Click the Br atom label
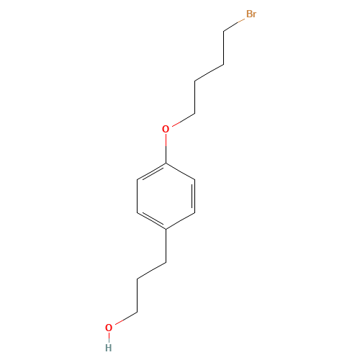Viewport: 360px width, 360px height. (x=251, y=14)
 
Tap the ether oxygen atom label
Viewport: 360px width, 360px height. (x=166, y=129)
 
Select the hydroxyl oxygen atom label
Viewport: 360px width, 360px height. (x=109, y=328)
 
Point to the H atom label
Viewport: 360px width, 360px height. (x=109, y=348)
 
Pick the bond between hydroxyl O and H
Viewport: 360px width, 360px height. (x=109, y=338)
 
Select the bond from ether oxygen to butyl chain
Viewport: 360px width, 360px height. (x=184, y=120)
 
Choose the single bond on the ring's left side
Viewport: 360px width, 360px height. (x=138, y=196)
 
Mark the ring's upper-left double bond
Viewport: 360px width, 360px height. (x=152, y=172)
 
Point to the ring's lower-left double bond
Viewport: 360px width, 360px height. (x=152, y=220)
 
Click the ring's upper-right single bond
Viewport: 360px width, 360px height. (x=180, y=171)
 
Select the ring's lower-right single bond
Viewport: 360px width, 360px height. (x=180, y=221)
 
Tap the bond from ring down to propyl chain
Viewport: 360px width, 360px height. (x=166, y=246)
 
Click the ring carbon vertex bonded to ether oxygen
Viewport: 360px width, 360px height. (x=166, y=163)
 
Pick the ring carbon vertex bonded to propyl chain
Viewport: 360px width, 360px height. (x=166, y=229)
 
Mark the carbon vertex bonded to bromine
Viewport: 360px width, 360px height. (x=224, y=31)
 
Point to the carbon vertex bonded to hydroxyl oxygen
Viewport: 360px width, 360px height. (x=138, y=312)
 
